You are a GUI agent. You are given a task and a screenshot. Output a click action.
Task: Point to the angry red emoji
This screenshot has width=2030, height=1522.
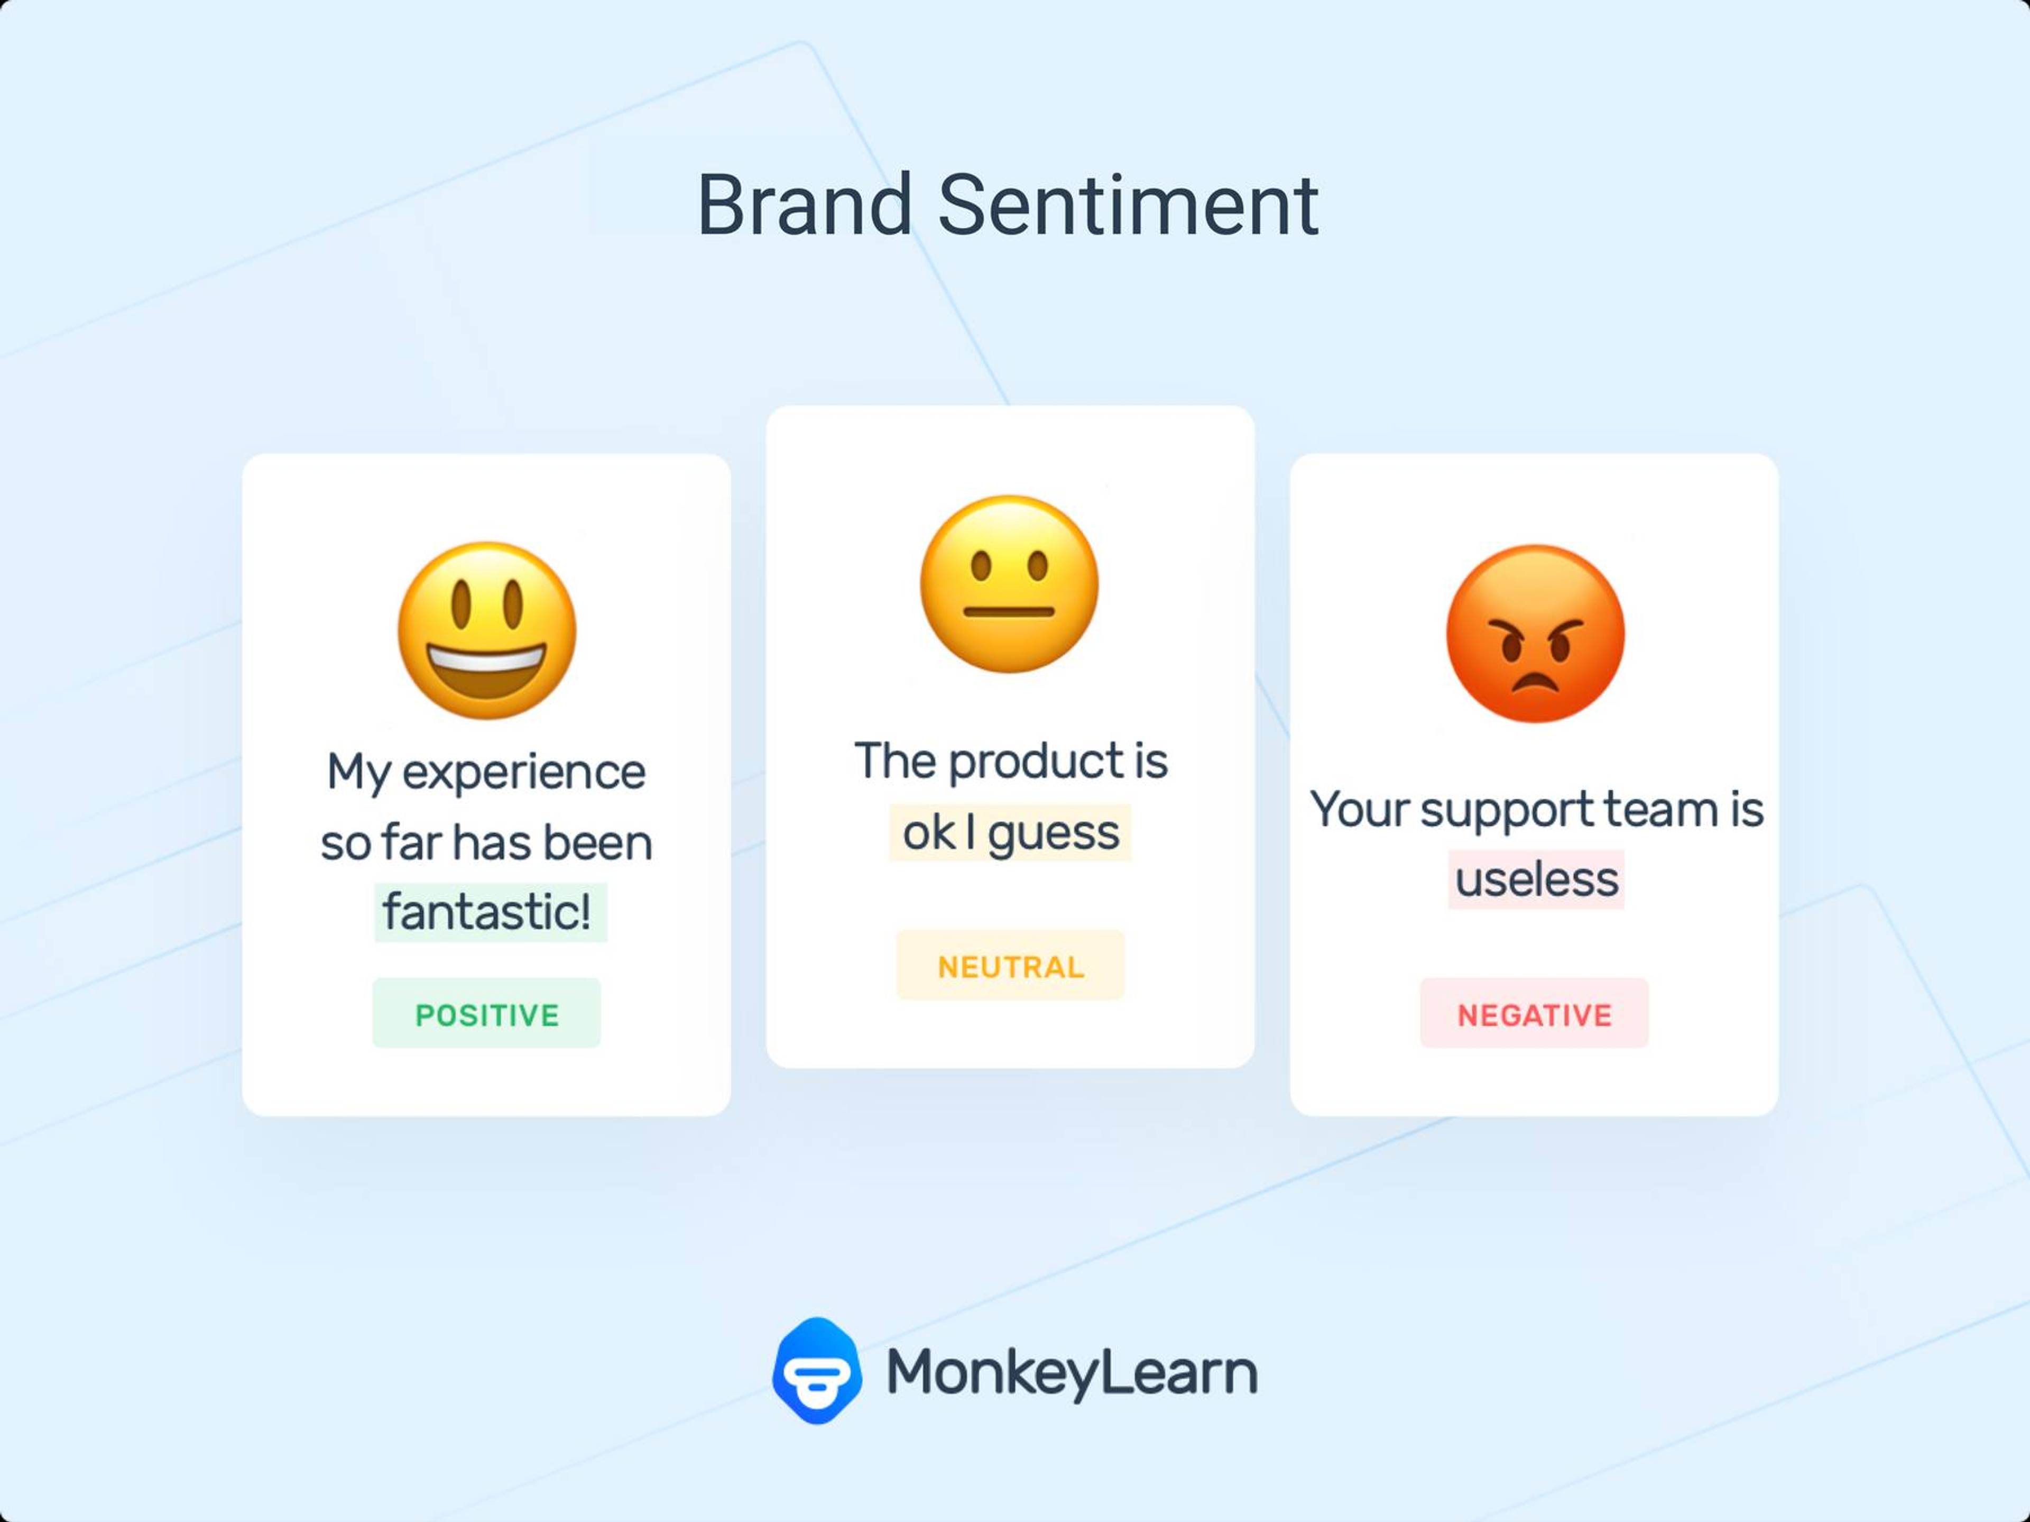1535,634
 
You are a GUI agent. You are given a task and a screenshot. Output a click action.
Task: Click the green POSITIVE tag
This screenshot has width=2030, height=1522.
486,1013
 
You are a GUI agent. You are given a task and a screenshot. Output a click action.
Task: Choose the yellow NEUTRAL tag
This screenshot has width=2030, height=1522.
1010,966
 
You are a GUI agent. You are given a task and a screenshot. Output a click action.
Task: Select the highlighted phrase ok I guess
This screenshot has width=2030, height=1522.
1010,832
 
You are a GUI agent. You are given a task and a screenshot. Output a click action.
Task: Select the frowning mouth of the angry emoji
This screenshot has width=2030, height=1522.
1535,682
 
